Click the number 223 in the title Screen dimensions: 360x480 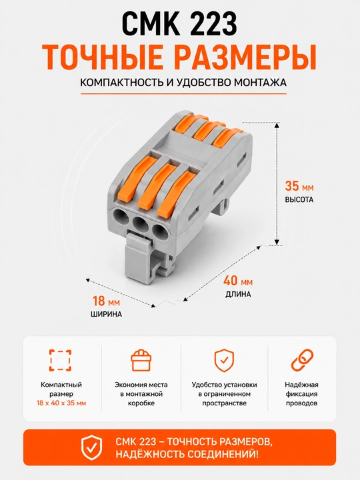coord(208,25)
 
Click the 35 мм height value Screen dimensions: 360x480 coord(299,186)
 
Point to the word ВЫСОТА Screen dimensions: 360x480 coord(299,200)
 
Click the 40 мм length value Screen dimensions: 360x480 coord(238,281)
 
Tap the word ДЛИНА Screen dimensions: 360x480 coord(238,295)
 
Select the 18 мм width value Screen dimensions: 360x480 coord(106,301)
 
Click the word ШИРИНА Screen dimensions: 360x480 coord(106,315)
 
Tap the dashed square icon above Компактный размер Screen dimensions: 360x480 coord(61,360)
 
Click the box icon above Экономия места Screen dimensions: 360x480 coord(141,360)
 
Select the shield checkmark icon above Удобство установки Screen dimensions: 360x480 coord(224,360)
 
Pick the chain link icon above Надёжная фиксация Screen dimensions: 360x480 coord(301,360)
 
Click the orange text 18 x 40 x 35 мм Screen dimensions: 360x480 coord(61,403)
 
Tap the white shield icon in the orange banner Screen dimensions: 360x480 coord(91,447)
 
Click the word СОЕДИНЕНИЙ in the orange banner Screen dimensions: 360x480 coord(218,454)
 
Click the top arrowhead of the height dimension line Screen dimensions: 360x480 coord(277,125)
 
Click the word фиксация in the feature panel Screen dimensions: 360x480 coord(301,394)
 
